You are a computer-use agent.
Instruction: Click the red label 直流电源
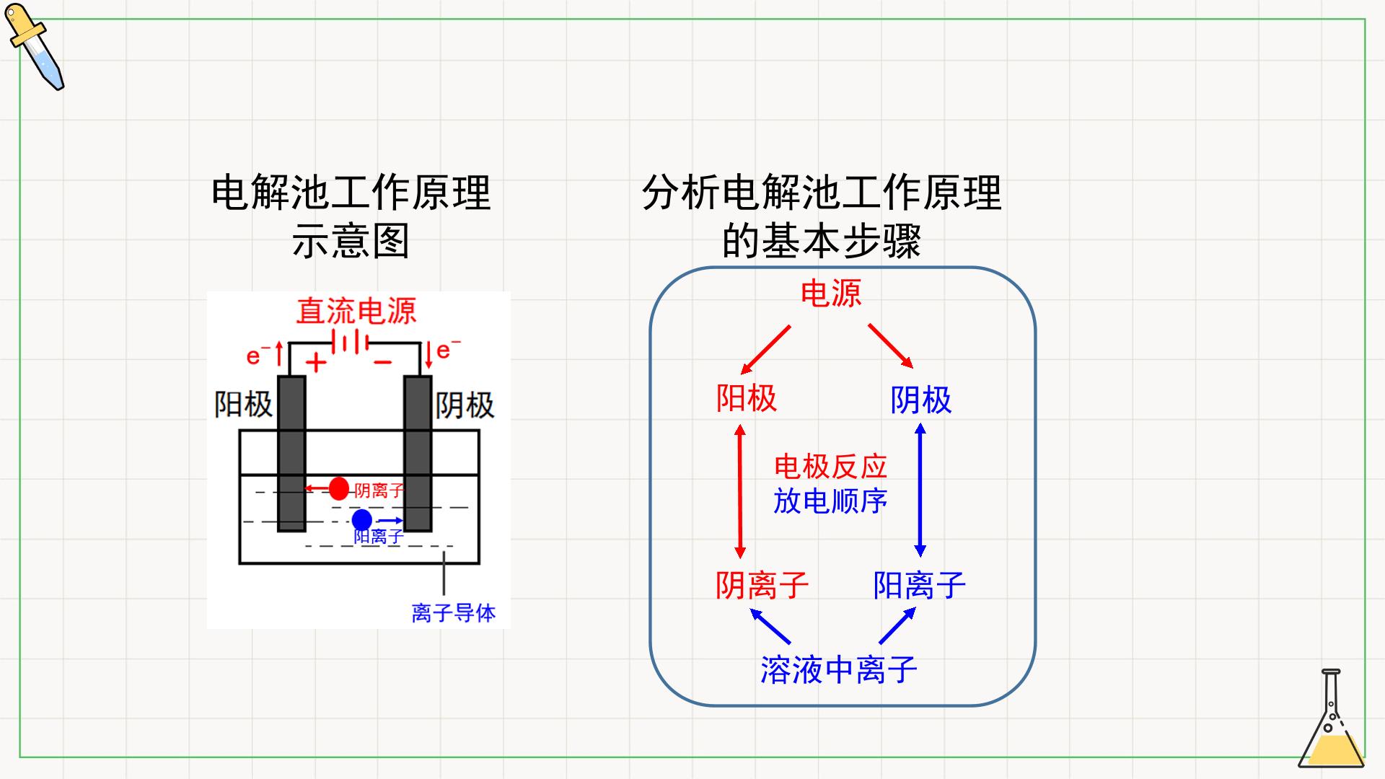tap(356, 311)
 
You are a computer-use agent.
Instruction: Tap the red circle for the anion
tap(338, 488)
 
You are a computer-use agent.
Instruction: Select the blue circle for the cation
tap(362, 519)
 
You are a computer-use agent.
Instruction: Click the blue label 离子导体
tap(454, 613)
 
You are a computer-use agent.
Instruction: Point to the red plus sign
tap(316, 362)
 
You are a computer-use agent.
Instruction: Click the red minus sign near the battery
tap(383, 362)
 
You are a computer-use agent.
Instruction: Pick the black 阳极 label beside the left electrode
tap(244, 405)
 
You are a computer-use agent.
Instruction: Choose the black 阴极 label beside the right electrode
tap(465, 405)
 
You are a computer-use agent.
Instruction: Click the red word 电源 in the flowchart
tap(831, 294)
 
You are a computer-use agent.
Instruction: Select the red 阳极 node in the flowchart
tap(747, 398)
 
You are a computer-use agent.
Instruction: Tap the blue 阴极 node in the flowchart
tap(921, 400)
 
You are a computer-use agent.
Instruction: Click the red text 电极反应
tap(830, 467)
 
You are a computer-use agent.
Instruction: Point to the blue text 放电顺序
tap(830, 501)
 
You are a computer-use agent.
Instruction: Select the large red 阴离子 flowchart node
tap(762, 585)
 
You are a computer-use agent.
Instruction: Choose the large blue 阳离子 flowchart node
tap(920, 585)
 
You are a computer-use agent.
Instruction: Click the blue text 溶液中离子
tap(839, 669)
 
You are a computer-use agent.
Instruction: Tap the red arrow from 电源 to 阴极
tap(891, 346)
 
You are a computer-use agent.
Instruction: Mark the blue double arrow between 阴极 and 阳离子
tap(920, 490)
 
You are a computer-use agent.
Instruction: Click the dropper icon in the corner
tap(35, 47)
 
